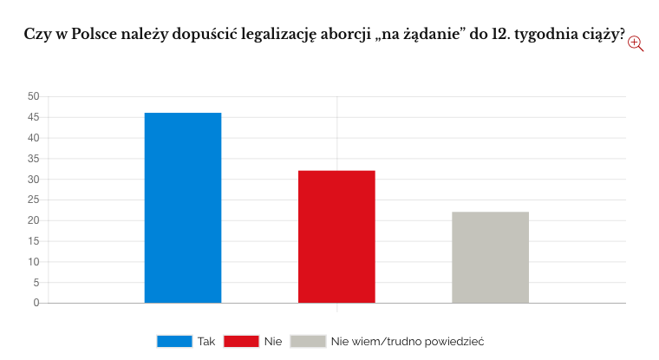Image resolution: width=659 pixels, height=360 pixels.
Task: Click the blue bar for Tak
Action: coord(183,208)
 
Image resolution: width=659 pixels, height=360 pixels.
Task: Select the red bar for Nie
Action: coord(336,237)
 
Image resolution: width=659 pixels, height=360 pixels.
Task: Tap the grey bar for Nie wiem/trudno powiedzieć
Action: coord(490,258)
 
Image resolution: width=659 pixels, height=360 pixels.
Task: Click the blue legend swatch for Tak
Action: coord(173,341)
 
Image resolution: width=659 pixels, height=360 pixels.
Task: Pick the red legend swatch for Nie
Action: coord(241,341)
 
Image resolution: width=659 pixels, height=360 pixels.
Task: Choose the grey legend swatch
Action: coord(308,341)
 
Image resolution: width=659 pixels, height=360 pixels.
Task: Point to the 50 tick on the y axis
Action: coord(33,96)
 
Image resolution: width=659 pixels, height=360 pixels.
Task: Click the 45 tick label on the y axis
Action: coord(33,117)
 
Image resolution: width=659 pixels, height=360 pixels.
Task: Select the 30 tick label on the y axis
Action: coord(33,180)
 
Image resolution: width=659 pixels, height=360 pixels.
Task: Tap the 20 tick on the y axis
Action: coord(33,220)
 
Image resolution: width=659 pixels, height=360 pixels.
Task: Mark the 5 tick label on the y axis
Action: coord(36,283)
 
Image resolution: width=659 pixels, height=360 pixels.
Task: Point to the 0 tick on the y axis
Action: coord(36,303)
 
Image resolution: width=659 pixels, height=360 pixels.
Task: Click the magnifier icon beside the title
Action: coord(636,43)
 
